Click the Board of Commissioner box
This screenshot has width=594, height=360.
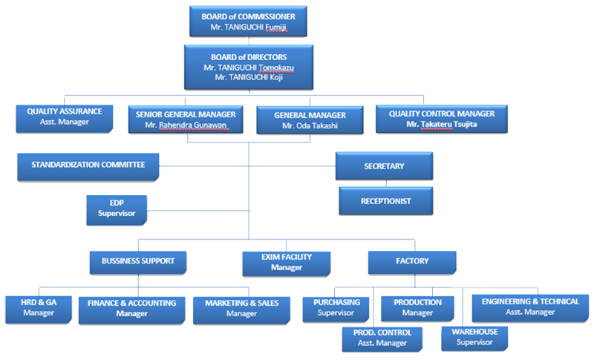click(x=248, y=22)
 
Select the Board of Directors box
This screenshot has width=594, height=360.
click(x=249, y=67)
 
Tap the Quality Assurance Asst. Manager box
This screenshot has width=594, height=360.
click(x=65, y=119)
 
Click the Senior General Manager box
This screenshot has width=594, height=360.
click(x=186, y=120)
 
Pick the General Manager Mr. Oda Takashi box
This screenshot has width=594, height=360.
click(x=310, y=120)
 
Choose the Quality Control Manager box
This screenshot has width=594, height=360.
click(x=441, y=119)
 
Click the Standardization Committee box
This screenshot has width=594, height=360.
click(x=88, y=167)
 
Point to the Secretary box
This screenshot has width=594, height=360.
click(x=384, y=166)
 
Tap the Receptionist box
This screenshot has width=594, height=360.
click(x=385, y=201)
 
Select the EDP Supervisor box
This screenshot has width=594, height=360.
click(x=117, y=210)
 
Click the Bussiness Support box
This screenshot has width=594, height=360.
click(x=138, y=263)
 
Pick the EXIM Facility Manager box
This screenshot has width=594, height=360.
click(x=287, y=264)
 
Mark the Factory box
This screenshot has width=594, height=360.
click(x=412, y=263)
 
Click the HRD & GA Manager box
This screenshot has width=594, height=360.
click(x=39, y=310)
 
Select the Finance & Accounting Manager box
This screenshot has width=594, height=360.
click(x=132, y=310)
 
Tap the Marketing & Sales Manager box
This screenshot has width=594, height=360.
click(x=242, y=310)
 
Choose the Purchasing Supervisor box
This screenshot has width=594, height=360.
click(x=336, y=310)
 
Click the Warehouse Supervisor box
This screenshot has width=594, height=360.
click(x=474, y=338)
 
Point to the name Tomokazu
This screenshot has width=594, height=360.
click(x=276, y=68)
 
